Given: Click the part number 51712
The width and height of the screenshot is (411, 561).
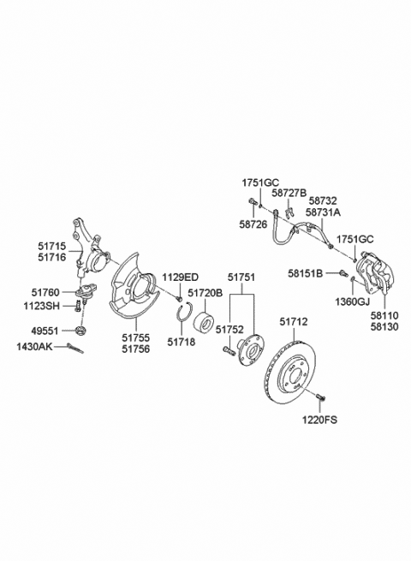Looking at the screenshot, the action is [x=294, y=322].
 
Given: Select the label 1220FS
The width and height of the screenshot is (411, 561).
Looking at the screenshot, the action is [x=319, y=420].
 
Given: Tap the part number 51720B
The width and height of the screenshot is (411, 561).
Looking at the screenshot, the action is [x=205, y=294].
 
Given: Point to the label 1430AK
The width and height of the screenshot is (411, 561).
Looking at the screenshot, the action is [x=34, y=346].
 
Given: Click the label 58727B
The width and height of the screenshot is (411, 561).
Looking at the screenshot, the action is [x=289, y=194].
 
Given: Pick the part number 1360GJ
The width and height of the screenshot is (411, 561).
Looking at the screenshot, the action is [x=351, y=301].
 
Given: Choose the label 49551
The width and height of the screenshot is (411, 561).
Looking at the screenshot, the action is [x=45, y=331].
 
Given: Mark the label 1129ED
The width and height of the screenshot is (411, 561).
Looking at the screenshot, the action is [x=181, y=278].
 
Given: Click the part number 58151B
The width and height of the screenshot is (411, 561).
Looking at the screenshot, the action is [x=306, y=274].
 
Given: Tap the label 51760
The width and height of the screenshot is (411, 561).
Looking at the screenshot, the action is [x=45, y=293].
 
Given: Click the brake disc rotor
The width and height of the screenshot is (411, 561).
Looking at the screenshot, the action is [x=290, y=378].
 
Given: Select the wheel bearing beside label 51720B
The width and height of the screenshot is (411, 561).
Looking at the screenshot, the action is [x=204, y=318].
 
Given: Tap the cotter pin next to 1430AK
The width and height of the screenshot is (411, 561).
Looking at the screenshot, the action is [x=74, y=348].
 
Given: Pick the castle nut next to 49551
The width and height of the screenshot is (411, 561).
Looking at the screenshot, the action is [x=82, y=330].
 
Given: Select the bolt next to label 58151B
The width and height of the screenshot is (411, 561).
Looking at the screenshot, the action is [x=344, y=273].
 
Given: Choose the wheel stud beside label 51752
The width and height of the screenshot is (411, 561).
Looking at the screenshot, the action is [x=229, y=350].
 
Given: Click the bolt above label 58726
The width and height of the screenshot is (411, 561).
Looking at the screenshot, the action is [x=253, y=201].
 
